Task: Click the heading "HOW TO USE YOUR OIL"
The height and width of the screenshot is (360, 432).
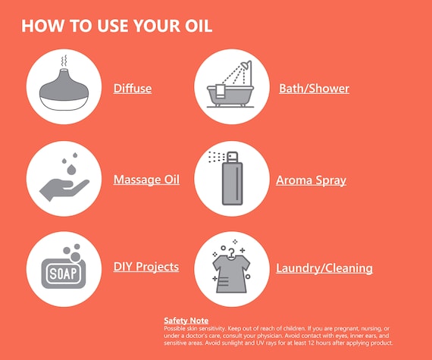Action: (117, 26)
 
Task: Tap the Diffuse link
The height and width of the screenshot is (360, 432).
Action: (133, 89)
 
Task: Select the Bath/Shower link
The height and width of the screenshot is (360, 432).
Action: (314, 89)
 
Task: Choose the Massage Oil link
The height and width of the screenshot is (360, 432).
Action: (146, 180)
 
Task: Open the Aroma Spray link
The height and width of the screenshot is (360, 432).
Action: (311, 180)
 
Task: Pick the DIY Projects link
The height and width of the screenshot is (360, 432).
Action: (146, 267)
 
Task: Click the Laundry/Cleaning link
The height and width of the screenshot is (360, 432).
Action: (324, 268)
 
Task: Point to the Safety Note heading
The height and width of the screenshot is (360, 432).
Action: (186, 321)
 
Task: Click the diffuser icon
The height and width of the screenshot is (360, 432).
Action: (64, 89)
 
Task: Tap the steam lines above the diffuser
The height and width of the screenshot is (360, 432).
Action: (64, 61)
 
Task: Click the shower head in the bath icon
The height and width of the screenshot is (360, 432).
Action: (246, 65)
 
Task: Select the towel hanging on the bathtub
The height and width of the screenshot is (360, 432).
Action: (220, 91)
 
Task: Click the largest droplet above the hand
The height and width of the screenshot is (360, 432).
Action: (71, 170)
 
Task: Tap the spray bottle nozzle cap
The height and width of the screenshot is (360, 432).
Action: (232, 156)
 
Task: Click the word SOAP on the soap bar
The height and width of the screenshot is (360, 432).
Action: (63, 274)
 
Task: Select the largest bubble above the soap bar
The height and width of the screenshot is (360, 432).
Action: (75, 256)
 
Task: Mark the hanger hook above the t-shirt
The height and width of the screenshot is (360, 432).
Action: (231, 252)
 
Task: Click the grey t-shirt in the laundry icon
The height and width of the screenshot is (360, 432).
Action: (231, 274)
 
